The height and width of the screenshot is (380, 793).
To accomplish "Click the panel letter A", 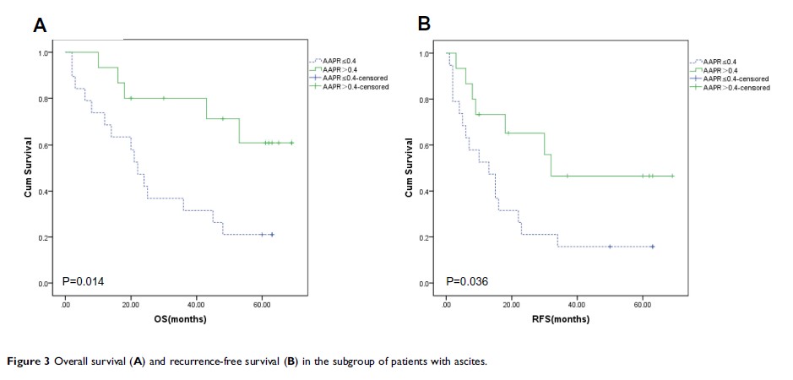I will (x=40, y=25).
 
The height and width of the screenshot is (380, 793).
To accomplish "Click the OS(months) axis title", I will (x=181, y=320).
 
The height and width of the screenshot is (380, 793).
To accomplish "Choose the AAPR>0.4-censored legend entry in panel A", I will (x=354, y=87).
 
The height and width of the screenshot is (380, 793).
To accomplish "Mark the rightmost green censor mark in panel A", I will (x=291, y=143).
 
